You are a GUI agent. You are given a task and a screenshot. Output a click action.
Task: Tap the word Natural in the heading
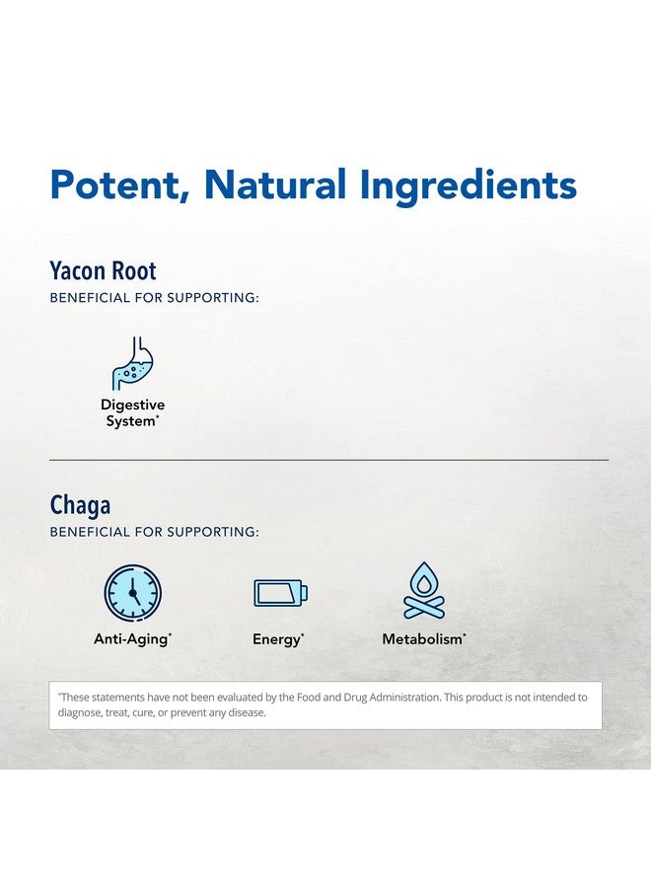pyautogui.click(x=275, y=185)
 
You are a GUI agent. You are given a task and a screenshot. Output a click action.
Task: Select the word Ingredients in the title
pyautogui.click(x=469, y=185)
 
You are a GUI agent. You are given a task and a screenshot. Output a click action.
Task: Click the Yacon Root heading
pyautogui.click(x=103, y=270)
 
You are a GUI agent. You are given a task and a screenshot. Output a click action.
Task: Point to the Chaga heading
pyautogui.click(x=80, y=505)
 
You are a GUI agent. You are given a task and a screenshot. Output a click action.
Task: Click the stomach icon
pyautogui.click(x=133, y=363)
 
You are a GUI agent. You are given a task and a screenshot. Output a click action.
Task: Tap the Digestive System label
pyautogui.click(x=132, y=412)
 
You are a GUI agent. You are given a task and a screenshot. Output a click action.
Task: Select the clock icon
pyautogui.click(x=132, y=593)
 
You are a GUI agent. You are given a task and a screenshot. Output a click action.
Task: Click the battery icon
pyautogui.click(x=280, y=593)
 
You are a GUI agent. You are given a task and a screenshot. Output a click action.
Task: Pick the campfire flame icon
pyautogui.click(x=424, y=591)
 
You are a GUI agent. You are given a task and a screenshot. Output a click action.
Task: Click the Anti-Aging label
pyautogui.click(x=132, y=639)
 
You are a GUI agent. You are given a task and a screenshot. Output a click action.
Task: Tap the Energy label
pyautogui.click(x=278, y=639)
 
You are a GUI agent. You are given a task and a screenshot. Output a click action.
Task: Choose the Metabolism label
pyautogui.click(x=424, y=639)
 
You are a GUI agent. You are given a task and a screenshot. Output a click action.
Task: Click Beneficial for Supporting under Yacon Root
pyautogui.click(x=154, y=297)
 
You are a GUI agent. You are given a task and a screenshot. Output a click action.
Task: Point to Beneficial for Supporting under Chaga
pyautogui.click(x=154, y=532)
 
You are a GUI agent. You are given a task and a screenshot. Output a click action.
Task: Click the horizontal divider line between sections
pyautogui.click(x=328, y=460)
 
